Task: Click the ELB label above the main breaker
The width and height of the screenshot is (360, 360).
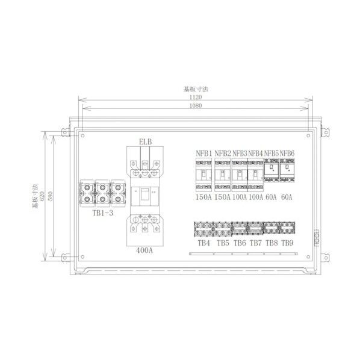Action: [x=145, y=142]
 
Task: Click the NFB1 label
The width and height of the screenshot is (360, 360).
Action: [x=203, y=154]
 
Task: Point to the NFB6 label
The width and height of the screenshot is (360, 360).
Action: [x=287, y=154]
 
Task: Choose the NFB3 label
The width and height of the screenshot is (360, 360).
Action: [x=240, y=154]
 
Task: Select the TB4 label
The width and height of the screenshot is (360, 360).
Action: [x=203, y=244]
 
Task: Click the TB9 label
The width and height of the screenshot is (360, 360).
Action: [x=288, y=244]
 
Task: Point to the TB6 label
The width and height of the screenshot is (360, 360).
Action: [x=240, y=244]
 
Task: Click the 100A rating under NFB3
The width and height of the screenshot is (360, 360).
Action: [x=240, y=196]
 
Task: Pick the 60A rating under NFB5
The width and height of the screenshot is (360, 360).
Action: [x=272, y=196]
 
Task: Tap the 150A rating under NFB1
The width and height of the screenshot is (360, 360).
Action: [x=203, y=196]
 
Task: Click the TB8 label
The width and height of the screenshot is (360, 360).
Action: [x=272, y=244]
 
